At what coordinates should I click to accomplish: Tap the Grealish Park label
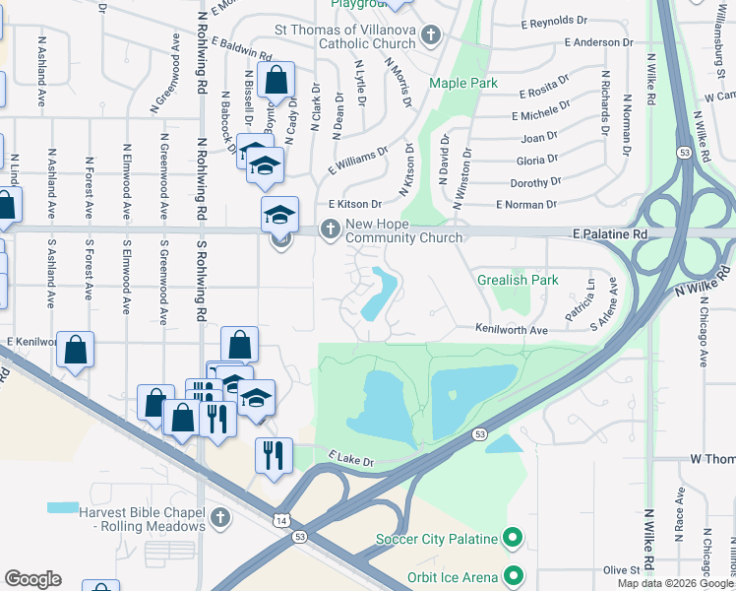click(x=518, y=280)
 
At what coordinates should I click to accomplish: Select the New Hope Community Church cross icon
click(x=330, y=230)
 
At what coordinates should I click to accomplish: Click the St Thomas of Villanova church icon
click(x=430, y=37)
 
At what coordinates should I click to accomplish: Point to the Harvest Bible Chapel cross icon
click(x=219, y=517)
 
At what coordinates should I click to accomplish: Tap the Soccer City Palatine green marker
click(x=512, y=539)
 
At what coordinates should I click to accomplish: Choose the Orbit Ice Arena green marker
click(x=512, y=575)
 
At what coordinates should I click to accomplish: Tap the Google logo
click(x=32, y=579)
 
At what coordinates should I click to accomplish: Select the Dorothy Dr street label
click(x=535, y=182)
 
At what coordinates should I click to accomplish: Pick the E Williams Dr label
click(x=358, y=158)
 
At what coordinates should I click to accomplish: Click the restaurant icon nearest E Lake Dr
click(x=273, y=455)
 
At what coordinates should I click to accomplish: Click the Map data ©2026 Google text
click(x=675, y=583)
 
